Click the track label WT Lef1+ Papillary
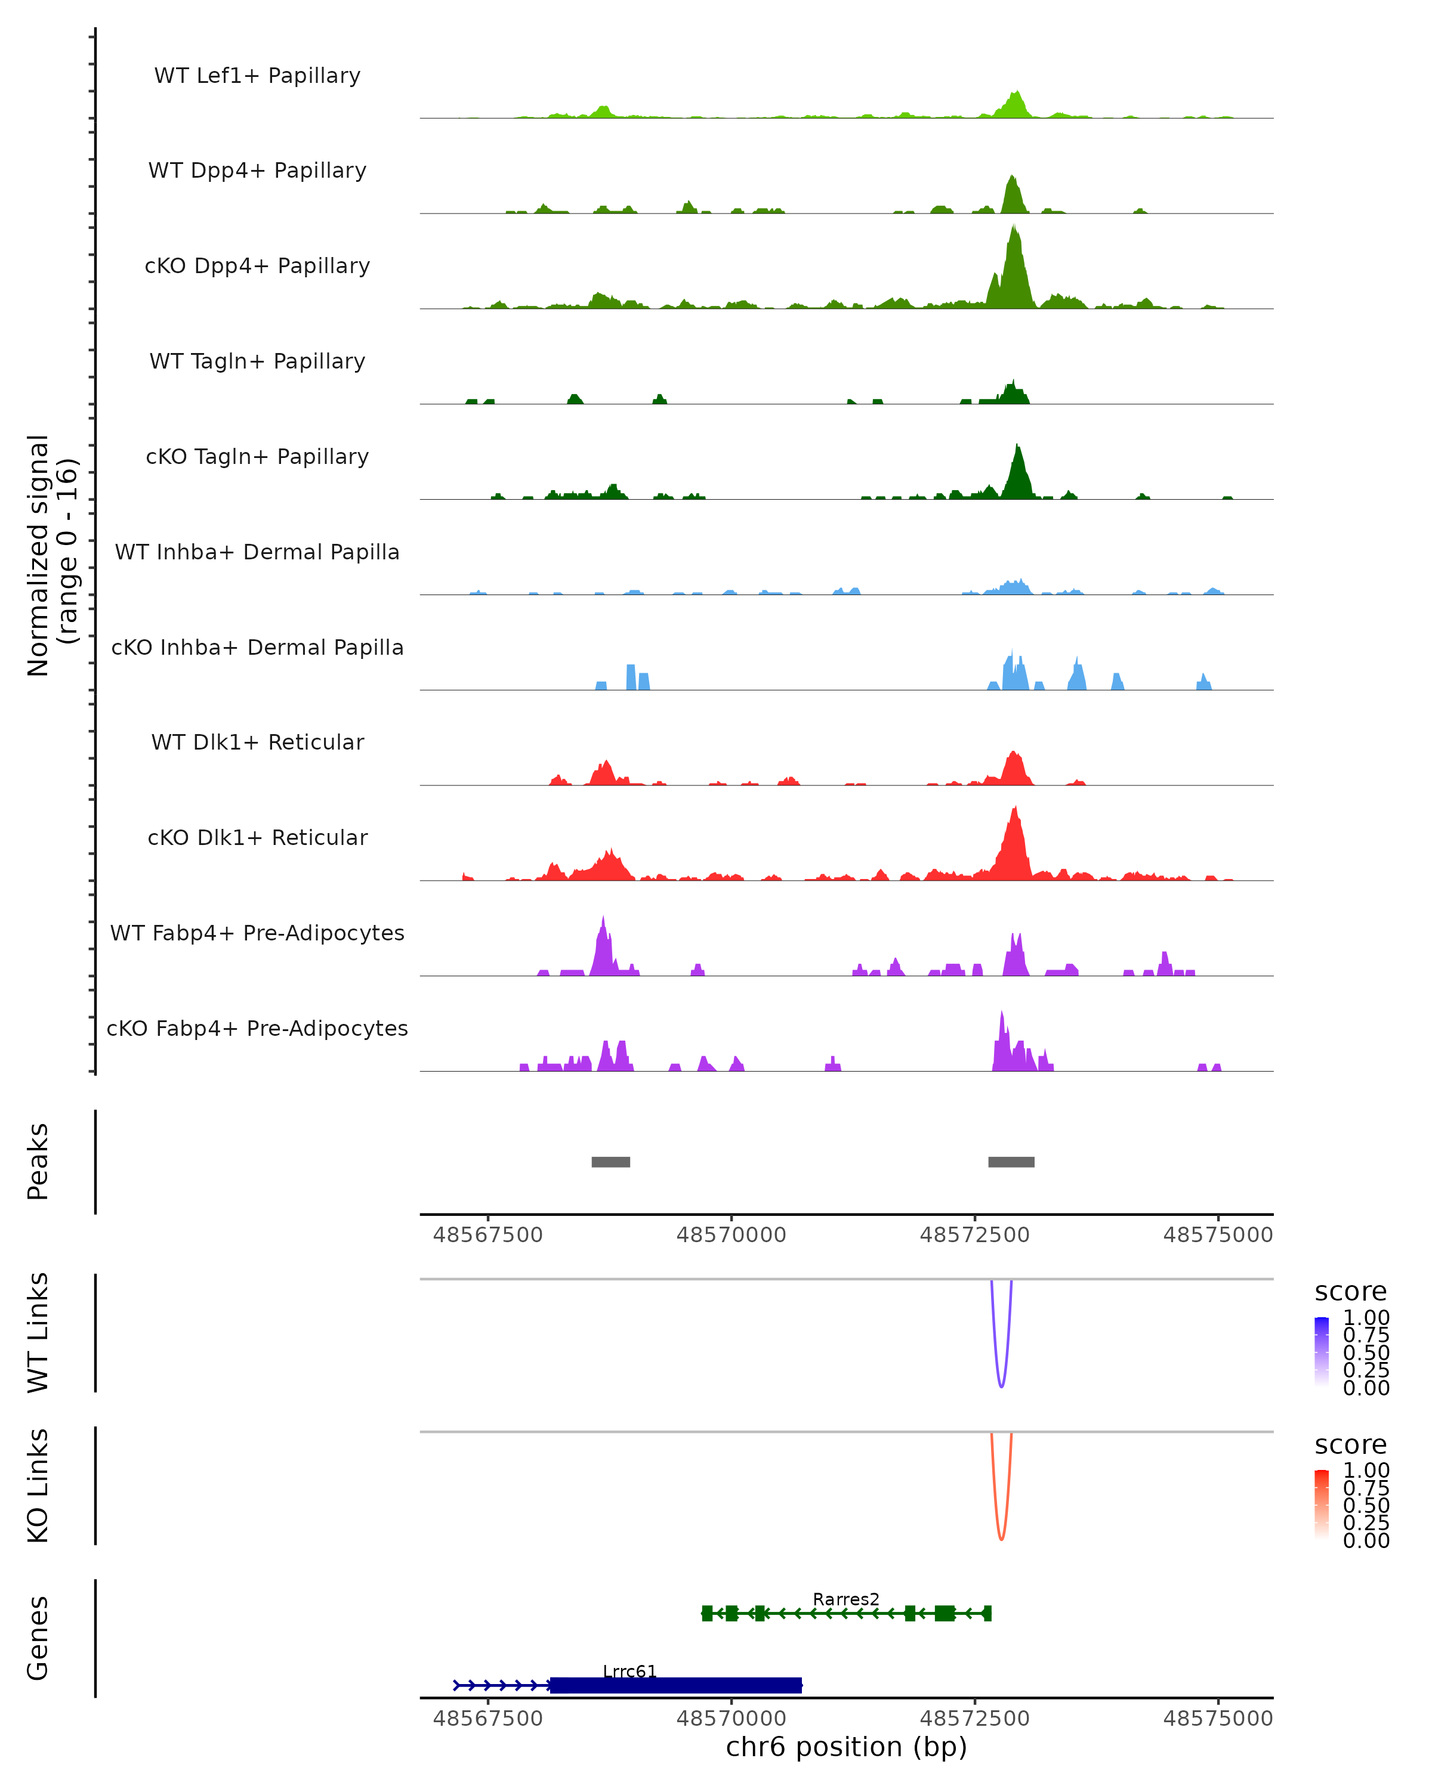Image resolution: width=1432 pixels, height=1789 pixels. [x=257, y=76]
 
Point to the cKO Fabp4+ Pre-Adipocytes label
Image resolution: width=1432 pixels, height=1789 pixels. [x=257, y=1028]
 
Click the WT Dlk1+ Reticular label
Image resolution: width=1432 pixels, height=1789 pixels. [x=257, y=742]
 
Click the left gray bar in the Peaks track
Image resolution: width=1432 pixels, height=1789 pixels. [x=610, y=1162]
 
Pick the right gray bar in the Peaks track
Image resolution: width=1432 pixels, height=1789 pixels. [x=1011, y=1162]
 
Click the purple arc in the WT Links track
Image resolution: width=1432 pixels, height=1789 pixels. [x=1001, y=1386]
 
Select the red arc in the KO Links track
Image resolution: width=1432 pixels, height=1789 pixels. [x=1001, y=1539]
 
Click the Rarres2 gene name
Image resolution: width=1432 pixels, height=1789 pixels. [x=846, y=1599]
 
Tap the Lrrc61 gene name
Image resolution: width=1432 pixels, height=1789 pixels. [x=629, y=1671]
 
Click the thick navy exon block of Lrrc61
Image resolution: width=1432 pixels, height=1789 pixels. [x=676, y=1685]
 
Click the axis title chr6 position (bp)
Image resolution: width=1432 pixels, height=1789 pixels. [x=846, y=1747]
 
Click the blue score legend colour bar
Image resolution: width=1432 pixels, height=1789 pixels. [x=1322, y=1351]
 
